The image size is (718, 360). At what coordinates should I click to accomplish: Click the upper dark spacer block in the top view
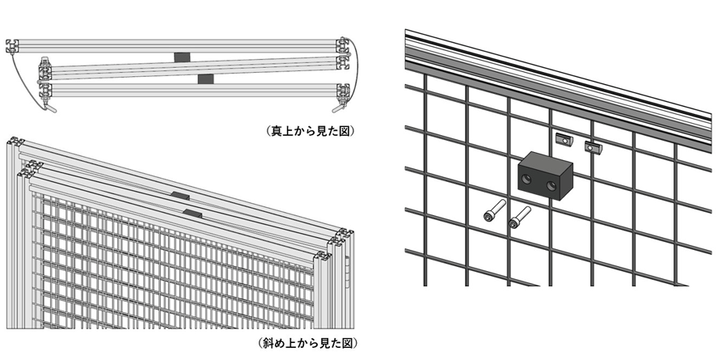coord(181,57)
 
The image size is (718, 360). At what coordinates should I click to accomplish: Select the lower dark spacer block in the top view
coord(205,78)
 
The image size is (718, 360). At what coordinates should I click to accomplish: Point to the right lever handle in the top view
coord(337,107)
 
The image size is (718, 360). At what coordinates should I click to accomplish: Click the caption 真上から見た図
coord(310,129)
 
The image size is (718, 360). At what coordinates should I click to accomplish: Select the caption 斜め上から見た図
coord(307,343)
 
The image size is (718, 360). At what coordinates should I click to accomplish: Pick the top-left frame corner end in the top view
coord(11,45)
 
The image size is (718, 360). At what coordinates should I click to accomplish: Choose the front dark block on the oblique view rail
coord(193,213)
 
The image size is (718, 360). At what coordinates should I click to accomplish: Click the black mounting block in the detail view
coord(545,176)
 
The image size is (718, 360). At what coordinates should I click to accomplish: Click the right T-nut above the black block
coord(594,147)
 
